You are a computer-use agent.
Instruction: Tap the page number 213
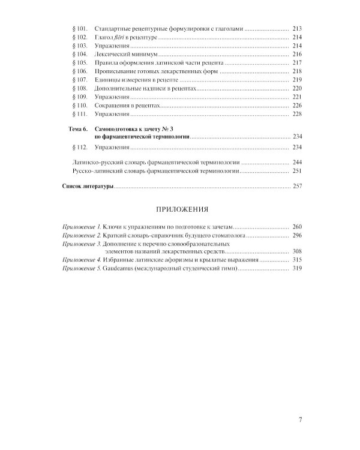[296, 29]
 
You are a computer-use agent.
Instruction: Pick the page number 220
[296, 88]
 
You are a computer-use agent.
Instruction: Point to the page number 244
[296, 163]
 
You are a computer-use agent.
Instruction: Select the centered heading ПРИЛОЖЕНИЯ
[181, 210]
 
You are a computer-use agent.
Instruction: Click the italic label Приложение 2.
[82, 236]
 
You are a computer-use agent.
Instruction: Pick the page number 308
[296, 251]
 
